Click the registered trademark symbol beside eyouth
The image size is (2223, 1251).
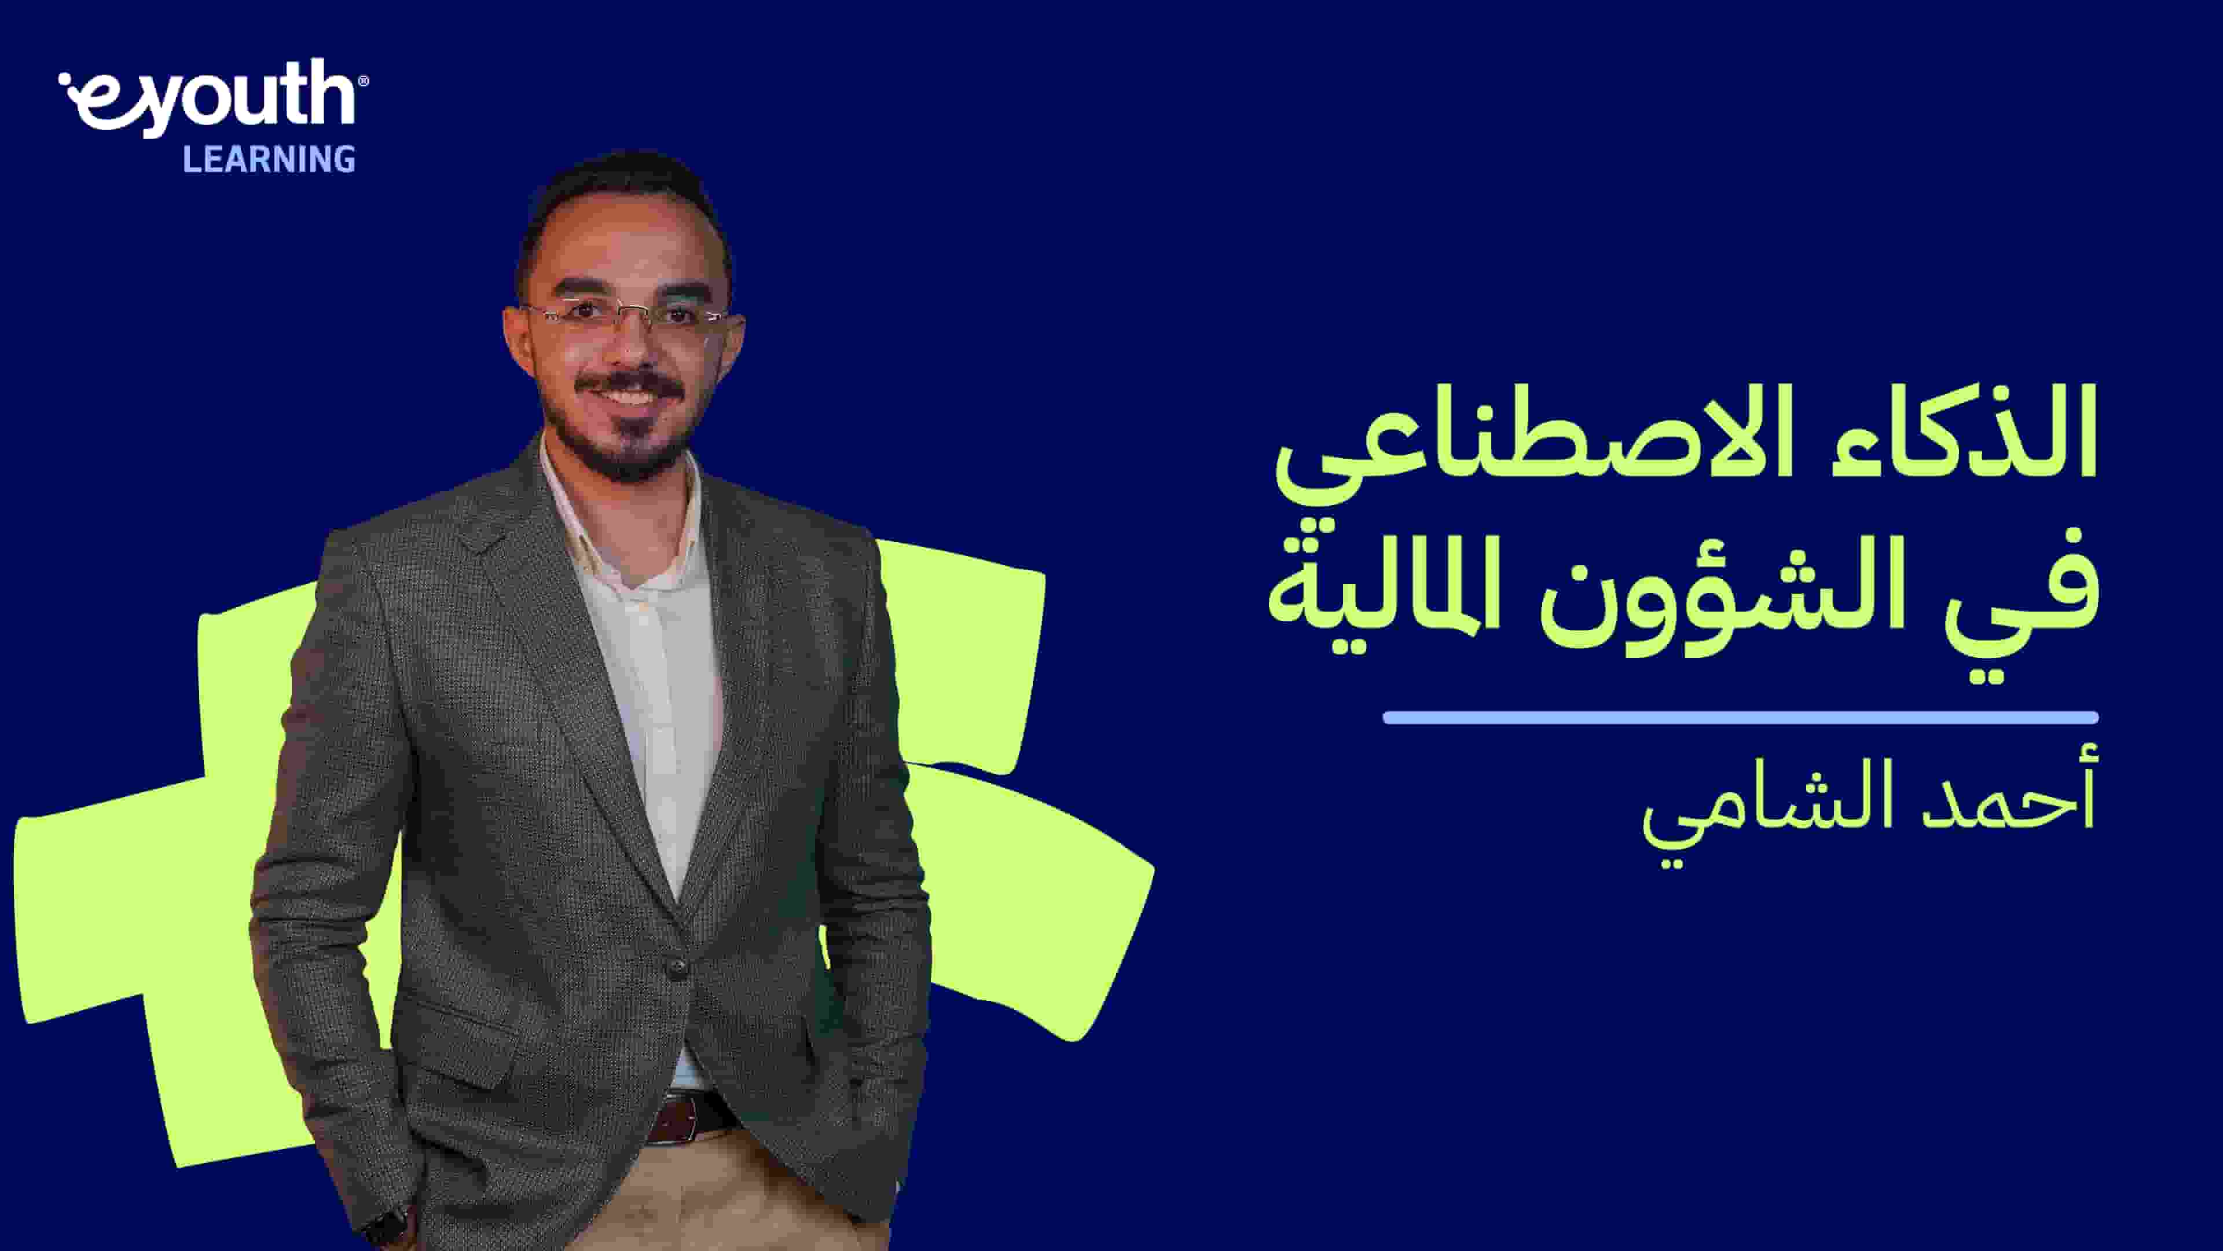(x=364, y=81)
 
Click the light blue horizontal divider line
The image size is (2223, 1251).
(x=1740, y=718)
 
